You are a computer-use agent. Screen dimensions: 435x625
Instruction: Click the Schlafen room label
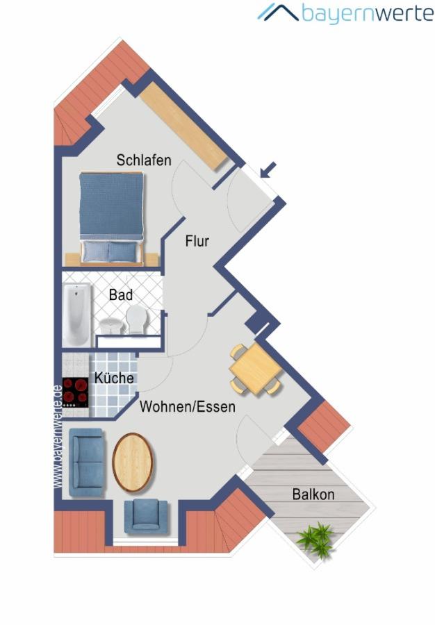pyautogui.click(x=144, y=160)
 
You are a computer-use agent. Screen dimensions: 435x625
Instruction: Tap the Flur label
pyautogui.click(x=197, y=241)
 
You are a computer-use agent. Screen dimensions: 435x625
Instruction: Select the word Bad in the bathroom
pyautogui.click(x=121, y=295)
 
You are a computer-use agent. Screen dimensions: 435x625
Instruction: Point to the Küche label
pyautogui.click(x=114, y=378)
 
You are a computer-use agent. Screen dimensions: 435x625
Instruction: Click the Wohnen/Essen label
pyautogui.click(x=188, y=406)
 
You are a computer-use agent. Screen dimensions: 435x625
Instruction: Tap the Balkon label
pyautogui.click(x=313, y=494)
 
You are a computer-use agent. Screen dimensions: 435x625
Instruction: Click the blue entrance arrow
pyautogui.click(x=268, y=169)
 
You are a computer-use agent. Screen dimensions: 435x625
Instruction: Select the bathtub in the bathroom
pyautogui.click(x=77, y=315)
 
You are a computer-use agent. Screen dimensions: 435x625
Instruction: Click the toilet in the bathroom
pyautogui.click(x=136, y=319)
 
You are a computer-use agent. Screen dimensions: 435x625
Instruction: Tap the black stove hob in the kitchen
pyautogui.click(x=75, y=392)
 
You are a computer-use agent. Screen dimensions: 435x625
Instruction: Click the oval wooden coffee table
pyautogui.click(x=133, y=462)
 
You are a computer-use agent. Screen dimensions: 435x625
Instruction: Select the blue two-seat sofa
pyautogui.click(x=88, y=462)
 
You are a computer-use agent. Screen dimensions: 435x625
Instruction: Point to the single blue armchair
pyautogui.click(x=146, y=516)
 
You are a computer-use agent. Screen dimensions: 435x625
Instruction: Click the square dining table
pyautogui.click(x=256, y=369)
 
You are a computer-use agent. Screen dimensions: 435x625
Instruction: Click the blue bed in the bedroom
pyautogui.click(x=111, y=218)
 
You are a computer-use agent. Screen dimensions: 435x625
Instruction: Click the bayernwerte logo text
pyautogui.click(x=367, y=13)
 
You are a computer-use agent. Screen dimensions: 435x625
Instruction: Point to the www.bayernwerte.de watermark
pyautogui.click(x=58, y=437)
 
